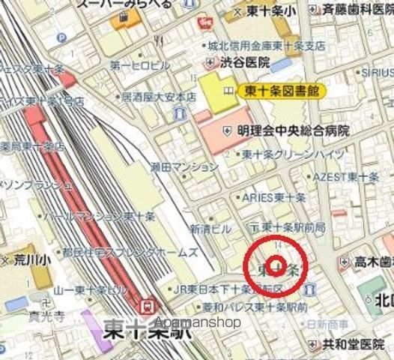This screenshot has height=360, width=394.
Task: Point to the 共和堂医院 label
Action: (x=357, y=345)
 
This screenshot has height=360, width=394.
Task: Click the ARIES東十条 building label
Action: (x=273, y=198)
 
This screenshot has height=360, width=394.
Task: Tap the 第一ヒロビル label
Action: (x=140, y=66)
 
